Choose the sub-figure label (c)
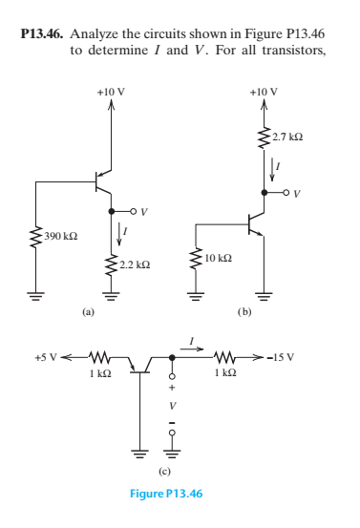pos(163,471)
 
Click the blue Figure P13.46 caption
pos(163,493)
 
